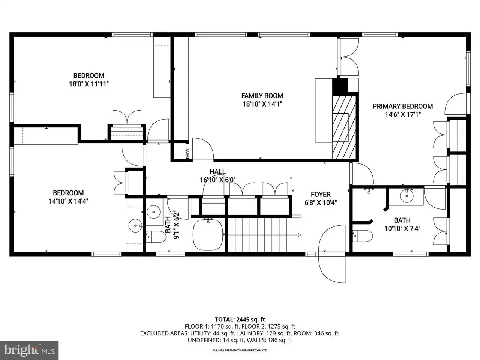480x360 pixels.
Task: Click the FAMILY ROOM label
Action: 262,96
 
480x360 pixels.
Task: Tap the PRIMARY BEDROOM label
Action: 403,106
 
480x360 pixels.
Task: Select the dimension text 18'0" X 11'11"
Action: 89,84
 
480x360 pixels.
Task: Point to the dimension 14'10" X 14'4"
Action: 68,201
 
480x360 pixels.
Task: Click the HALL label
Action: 217,172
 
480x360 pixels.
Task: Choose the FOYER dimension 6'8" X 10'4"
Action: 321,202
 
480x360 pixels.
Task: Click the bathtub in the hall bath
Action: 208,234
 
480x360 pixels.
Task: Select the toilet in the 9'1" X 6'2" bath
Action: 156,237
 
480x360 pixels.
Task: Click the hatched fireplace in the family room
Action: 344,127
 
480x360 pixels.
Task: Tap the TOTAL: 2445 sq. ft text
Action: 240,319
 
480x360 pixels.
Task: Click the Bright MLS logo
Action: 29,350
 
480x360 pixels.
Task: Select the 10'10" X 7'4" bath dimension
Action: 402,229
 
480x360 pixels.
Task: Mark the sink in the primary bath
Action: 406,196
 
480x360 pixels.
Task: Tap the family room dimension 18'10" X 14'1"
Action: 262,104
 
